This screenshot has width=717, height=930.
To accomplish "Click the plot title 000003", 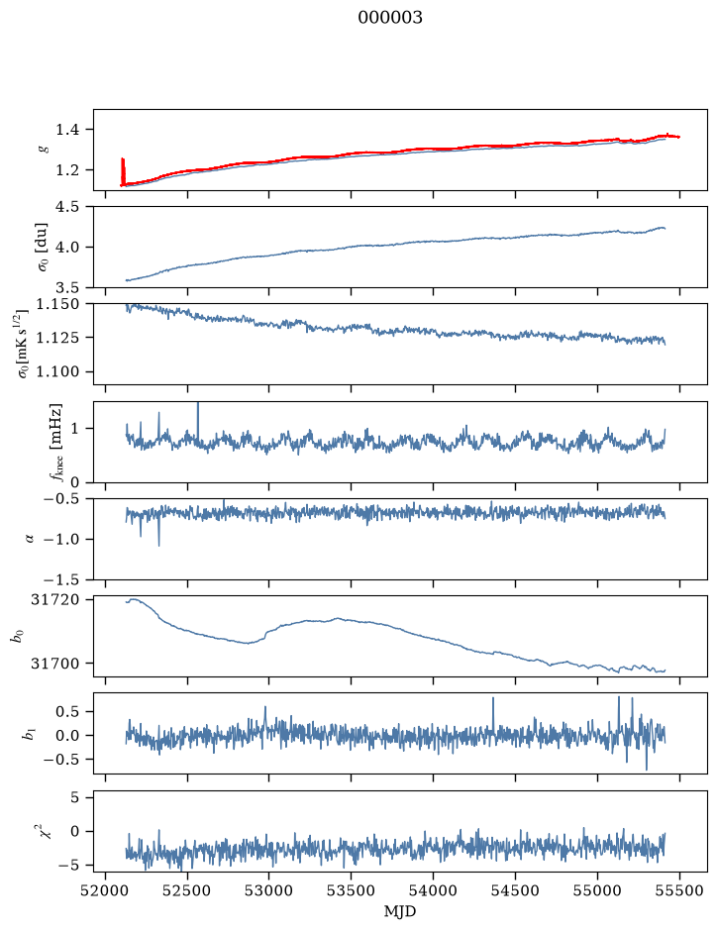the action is coord(389,18).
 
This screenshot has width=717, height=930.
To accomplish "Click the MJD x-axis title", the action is coord(400,911).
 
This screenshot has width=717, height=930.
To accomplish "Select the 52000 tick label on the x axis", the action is coord(106,891).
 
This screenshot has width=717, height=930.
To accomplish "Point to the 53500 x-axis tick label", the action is coord(352,891).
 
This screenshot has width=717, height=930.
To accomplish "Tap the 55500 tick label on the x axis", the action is coord(679,891).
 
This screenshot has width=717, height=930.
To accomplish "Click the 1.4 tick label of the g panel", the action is coord(67,130).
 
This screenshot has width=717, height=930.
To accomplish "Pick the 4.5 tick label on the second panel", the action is coord(67,206).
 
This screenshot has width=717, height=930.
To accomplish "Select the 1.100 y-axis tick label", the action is coord(57,371).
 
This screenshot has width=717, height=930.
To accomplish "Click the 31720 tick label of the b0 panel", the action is coord(54,599).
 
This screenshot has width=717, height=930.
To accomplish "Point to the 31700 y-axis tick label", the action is coord(54,664).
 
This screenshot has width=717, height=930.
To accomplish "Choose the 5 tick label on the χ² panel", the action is coord(74,797).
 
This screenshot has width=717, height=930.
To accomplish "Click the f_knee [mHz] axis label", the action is coord(56,443).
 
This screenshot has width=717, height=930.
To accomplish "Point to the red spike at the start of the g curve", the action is coord(123,171).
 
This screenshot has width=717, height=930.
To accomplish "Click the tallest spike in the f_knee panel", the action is coord(198,421).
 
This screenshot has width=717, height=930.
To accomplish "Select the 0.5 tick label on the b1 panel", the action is coord(67,711).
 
